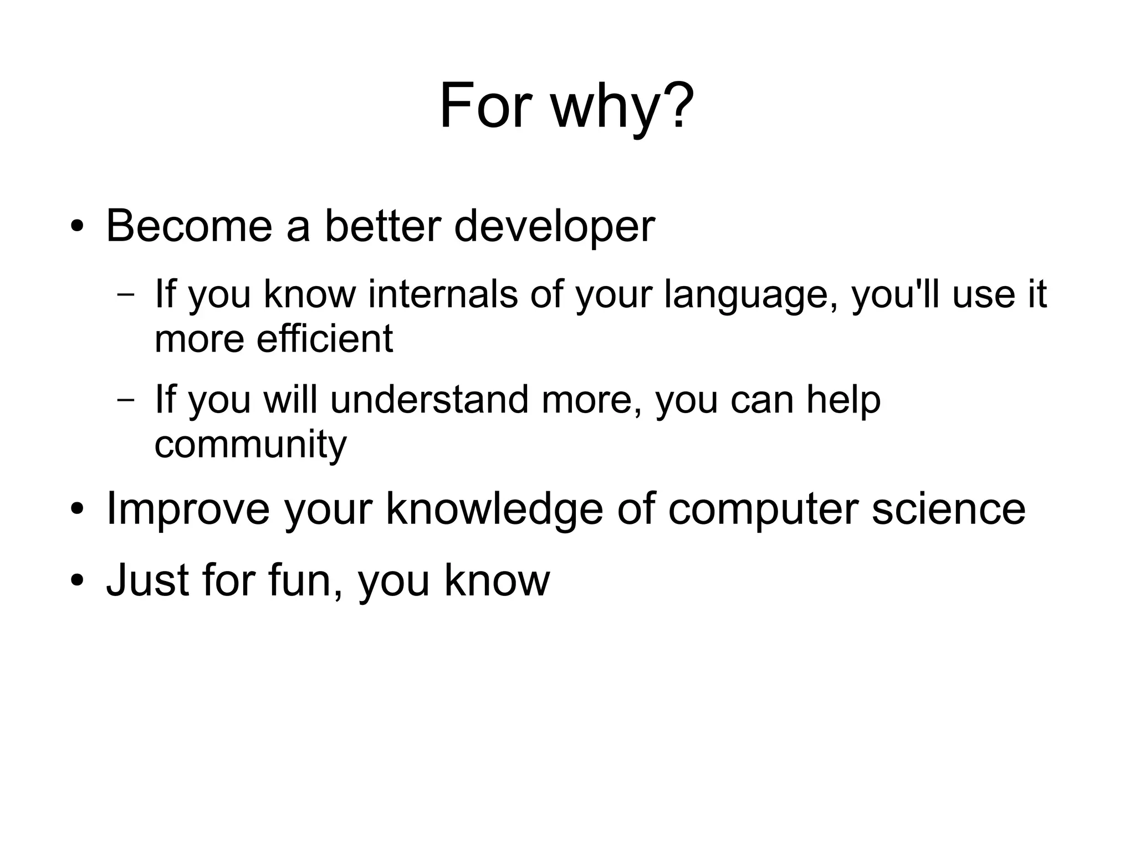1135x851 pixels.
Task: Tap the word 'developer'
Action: pos(554,227)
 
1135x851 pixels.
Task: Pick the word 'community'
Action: pos(250,445)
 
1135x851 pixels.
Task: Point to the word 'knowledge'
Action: pos(494,509)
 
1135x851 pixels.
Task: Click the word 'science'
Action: pos(948,508)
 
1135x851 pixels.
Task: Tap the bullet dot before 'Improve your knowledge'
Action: pos(77,509)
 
